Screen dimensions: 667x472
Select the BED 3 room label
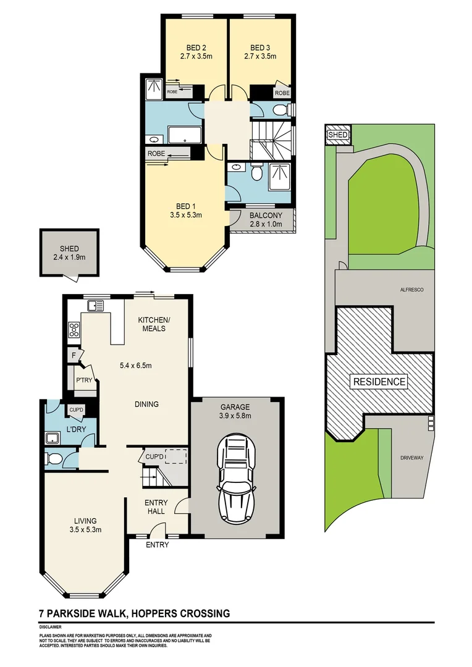(259, 48)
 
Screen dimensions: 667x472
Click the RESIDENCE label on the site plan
(379, 382)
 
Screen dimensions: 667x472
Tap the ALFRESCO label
(408, 289)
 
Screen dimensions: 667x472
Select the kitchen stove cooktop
(74, 329)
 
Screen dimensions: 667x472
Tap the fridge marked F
(74, 355)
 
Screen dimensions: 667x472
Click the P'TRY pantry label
(84, 380)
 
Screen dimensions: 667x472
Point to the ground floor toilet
(54, 459)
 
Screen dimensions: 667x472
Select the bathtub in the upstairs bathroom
(184, 135)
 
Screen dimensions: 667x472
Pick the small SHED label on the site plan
(337, 135)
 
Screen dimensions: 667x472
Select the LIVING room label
(85, 521)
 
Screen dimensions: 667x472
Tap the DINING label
(146, 405)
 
